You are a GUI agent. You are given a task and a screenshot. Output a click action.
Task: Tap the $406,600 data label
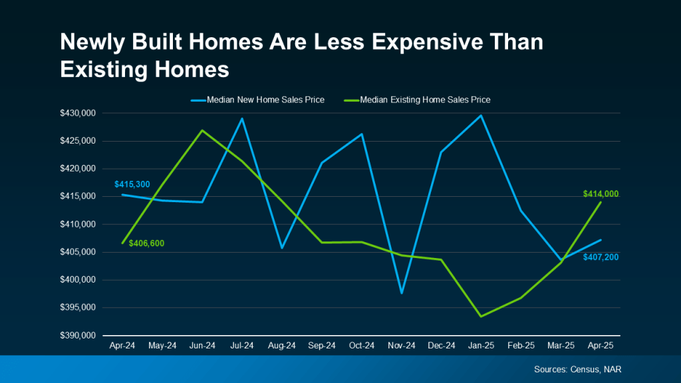[146, 243]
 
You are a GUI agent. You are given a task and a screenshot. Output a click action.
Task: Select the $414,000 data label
[601, 194]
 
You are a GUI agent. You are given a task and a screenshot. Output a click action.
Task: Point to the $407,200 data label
[601, 257]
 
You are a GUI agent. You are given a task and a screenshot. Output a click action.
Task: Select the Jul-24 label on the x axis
[242, 346]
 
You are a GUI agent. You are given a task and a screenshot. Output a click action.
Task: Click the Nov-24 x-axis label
[402, 346]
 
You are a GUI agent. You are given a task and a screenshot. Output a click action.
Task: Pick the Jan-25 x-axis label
[481, 346]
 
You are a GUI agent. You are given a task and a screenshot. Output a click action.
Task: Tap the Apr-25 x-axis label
[601, 346]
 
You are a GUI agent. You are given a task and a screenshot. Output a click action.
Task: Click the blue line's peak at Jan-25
[481, 116]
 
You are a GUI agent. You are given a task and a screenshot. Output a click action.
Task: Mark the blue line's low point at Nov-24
[402, 293]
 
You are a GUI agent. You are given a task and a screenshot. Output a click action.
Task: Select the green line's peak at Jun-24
[202, 130]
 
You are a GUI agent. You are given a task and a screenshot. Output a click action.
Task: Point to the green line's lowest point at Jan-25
[481, 316]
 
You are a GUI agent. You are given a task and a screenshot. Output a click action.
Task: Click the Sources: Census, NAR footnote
[577, 369]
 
